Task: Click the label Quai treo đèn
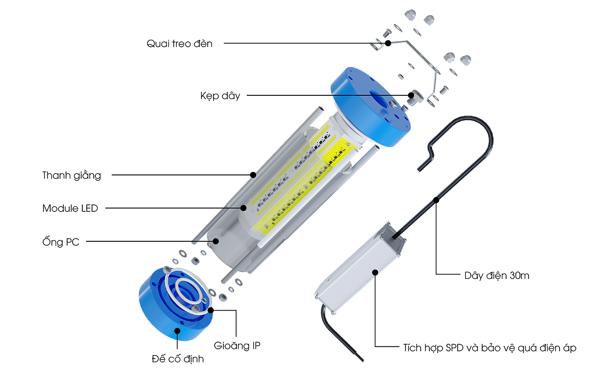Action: coord(179,44)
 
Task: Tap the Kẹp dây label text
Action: coord(220,96)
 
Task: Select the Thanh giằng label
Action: coord(72,175)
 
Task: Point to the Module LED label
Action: coord(70,208)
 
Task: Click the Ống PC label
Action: coord(60,242)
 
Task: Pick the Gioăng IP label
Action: coord(237,345)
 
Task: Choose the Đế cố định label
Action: coord(178,359)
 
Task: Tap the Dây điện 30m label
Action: coord(496,275)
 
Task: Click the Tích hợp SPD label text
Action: coord(489,347)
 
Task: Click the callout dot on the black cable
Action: coord(436,200)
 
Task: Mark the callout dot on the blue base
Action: coord(178,330)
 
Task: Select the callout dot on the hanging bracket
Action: coord(388,43)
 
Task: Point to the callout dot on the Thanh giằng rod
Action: coord(253,175)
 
